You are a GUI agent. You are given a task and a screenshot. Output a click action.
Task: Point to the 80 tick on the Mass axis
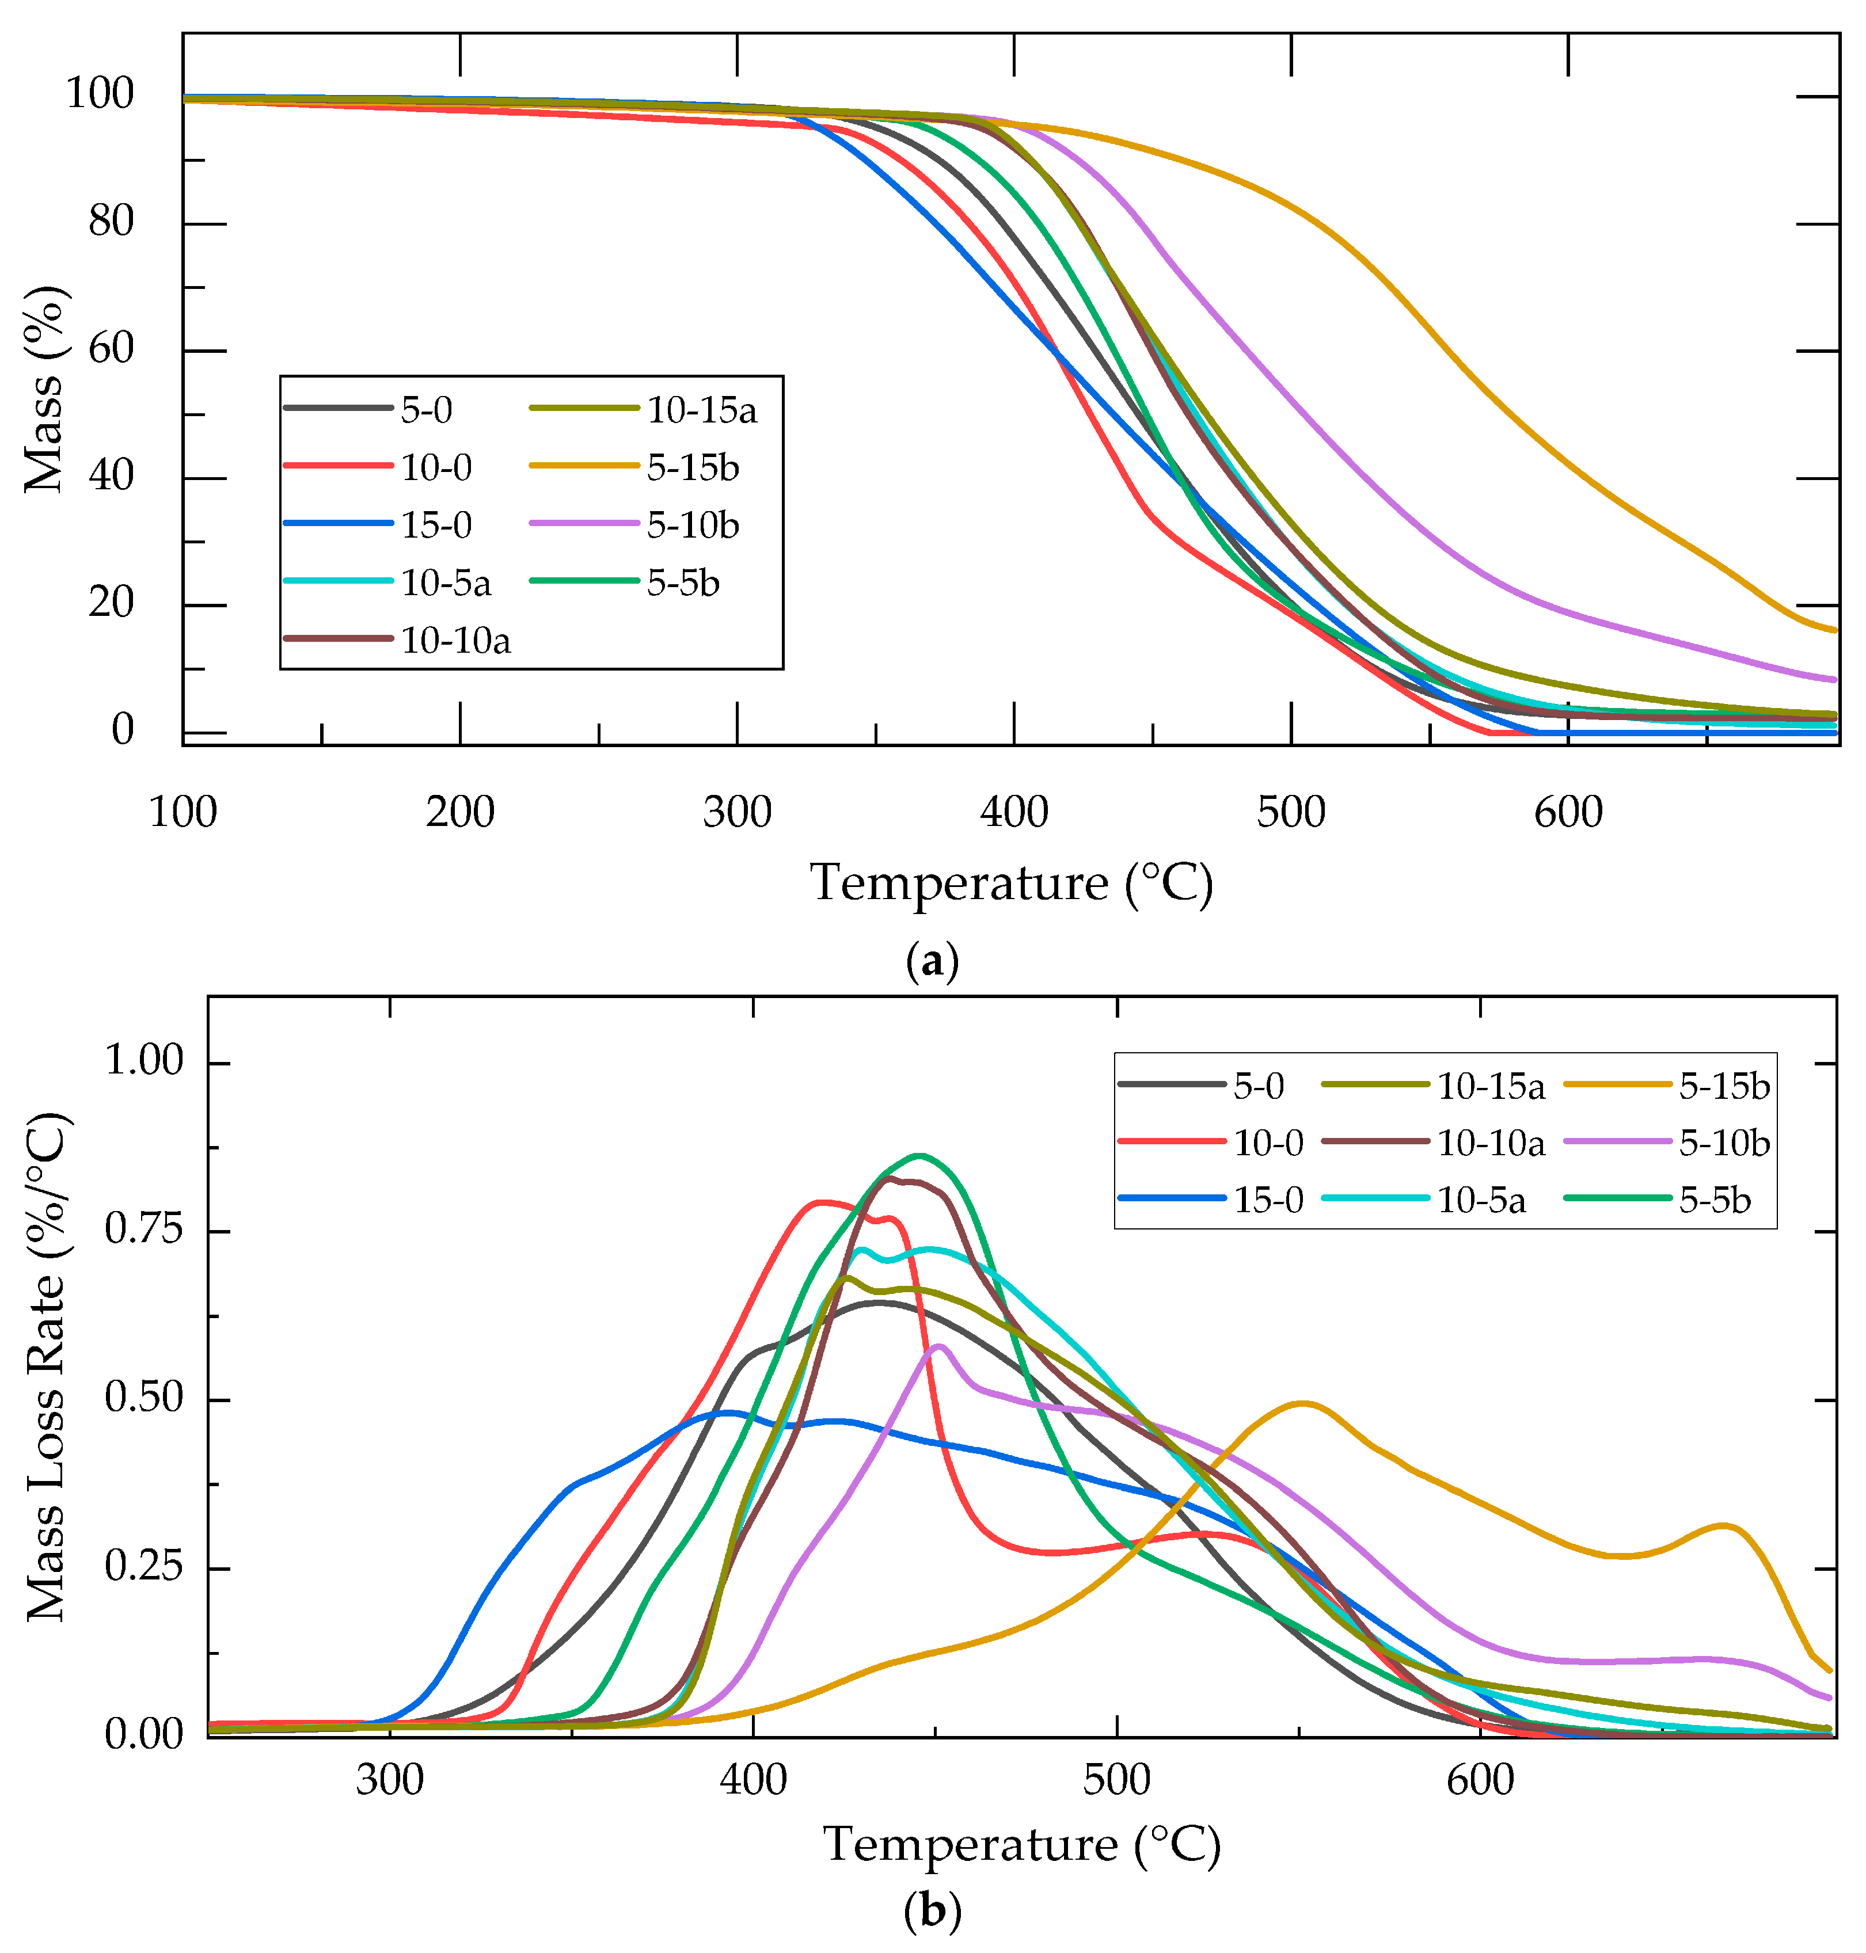111,222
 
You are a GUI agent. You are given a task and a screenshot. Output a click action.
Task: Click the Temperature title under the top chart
1012,883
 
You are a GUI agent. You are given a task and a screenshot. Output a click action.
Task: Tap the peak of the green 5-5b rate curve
919,1155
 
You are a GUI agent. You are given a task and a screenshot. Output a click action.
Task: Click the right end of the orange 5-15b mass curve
1833,630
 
